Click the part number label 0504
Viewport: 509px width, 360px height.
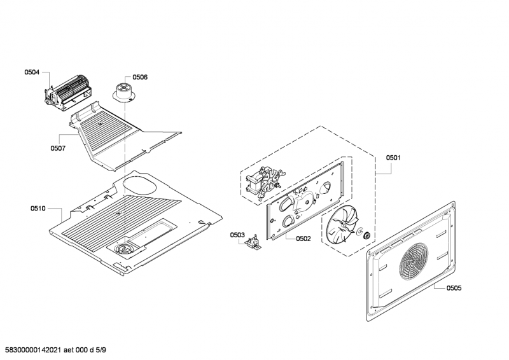32,73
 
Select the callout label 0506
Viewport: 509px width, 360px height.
140,77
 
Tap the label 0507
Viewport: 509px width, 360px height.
58,148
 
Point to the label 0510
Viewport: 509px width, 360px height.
38,209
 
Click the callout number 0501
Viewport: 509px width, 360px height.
393,157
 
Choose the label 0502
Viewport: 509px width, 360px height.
303,239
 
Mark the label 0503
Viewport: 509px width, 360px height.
237,235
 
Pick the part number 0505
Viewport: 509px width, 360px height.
454,288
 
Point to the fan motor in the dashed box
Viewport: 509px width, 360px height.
262,183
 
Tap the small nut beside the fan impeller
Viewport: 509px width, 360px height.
367,237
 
